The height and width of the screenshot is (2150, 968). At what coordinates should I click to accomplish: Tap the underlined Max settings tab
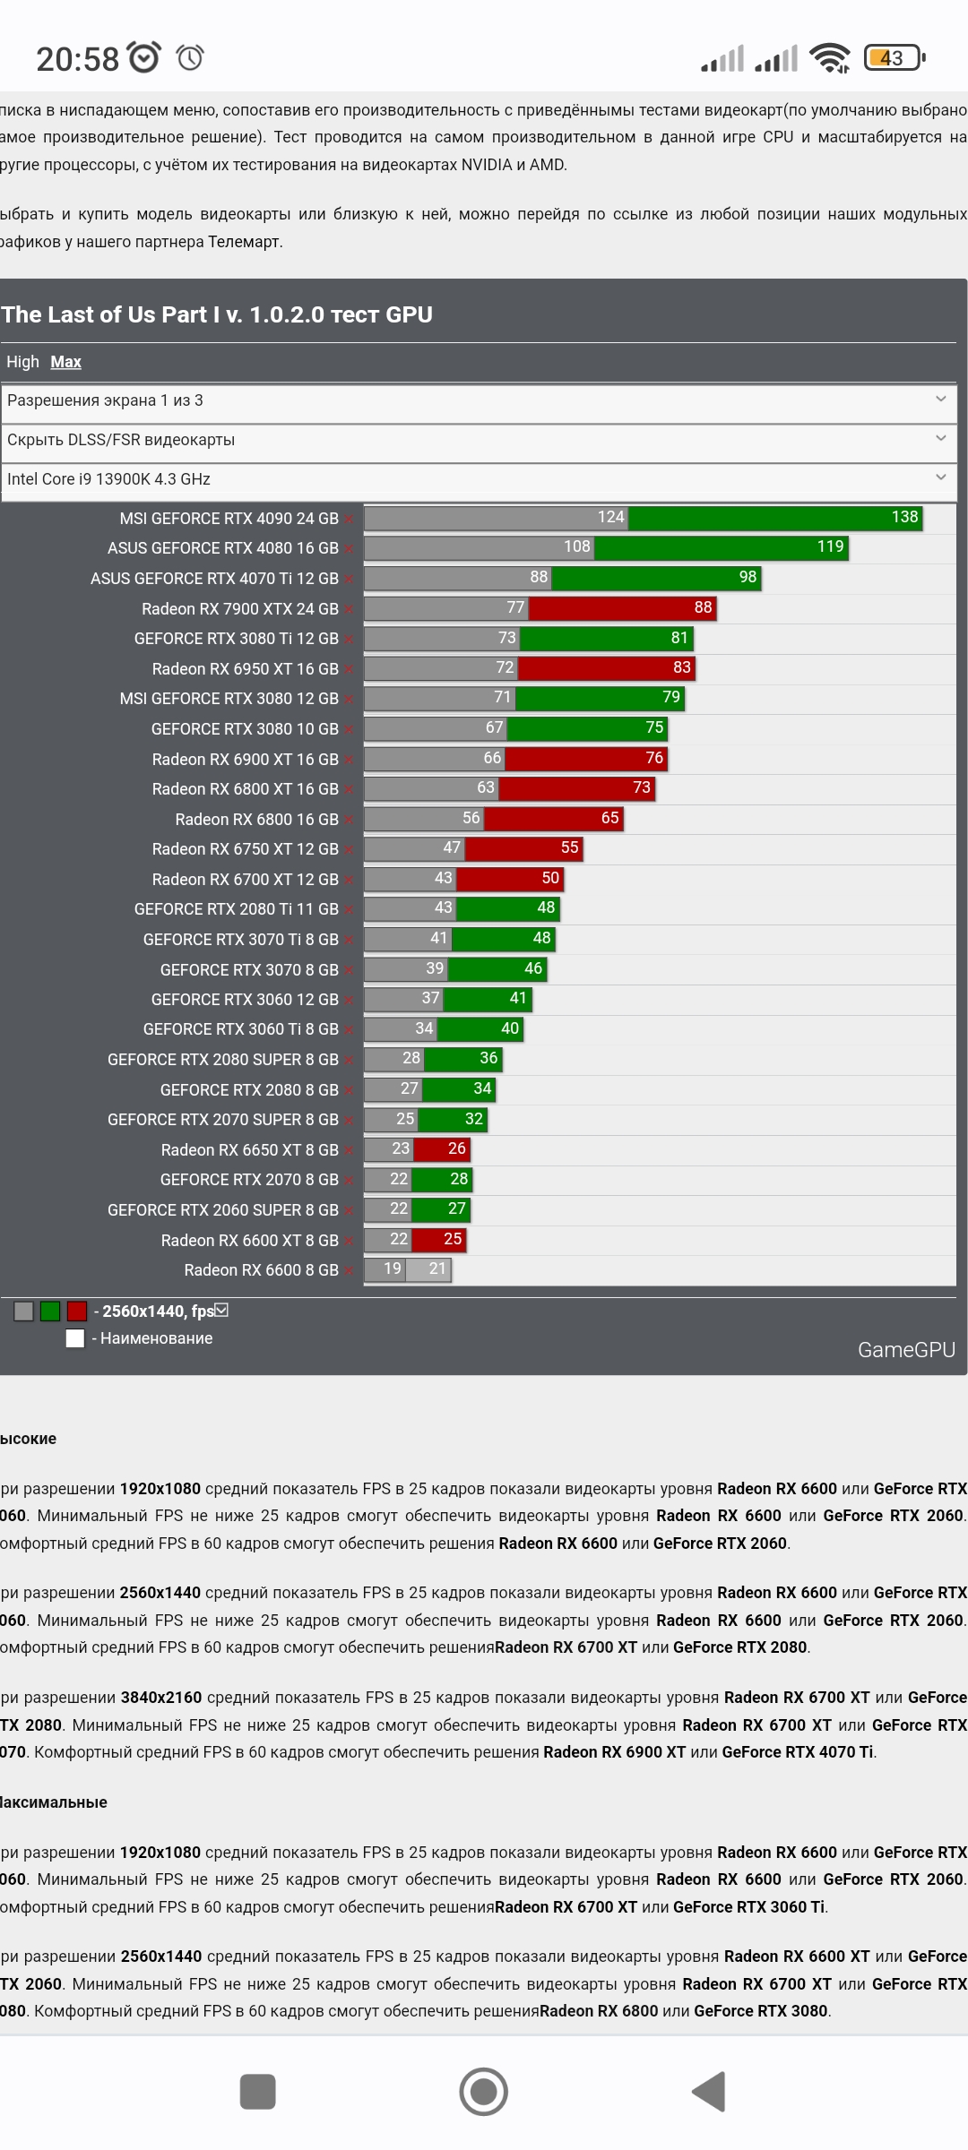coord(65,362)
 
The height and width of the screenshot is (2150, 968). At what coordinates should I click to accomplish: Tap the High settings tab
coord(22,362)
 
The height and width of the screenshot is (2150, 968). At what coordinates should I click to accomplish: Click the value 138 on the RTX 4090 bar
coord(904,517)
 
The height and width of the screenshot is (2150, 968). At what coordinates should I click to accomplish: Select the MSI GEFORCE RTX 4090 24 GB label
coord(229,519)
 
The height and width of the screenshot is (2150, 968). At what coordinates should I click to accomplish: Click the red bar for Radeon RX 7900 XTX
coord(622,608)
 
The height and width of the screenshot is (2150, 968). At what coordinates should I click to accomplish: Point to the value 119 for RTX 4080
coord(830,546)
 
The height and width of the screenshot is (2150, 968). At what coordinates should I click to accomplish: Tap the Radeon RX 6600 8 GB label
coord(261,1270)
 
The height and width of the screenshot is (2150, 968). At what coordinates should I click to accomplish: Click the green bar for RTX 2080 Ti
coord(507,908)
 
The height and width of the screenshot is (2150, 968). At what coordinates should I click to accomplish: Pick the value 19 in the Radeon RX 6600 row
coord(393,1268)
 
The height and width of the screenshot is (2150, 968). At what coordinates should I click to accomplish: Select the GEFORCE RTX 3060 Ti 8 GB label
coord(240,1029)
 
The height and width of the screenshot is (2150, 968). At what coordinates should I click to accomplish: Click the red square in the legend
coord(77,1311)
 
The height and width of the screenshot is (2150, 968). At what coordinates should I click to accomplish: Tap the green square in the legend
coord(50,1311)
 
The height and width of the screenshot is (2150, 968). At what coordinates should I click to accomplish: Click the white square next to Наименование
coord(75,1338)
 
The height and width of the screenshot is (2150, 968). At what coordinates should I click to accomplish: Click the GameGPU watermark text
coord(906,1350)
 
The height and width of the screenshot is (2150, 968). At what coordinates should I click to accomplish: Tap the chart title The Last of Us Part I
coord(217,314)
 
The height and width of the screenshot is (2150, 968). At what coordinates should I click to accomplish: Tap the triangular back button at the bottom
coord(709,2092)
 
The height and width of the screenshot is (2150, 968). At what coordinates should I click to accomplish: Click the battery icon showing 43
coord(893,58)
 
